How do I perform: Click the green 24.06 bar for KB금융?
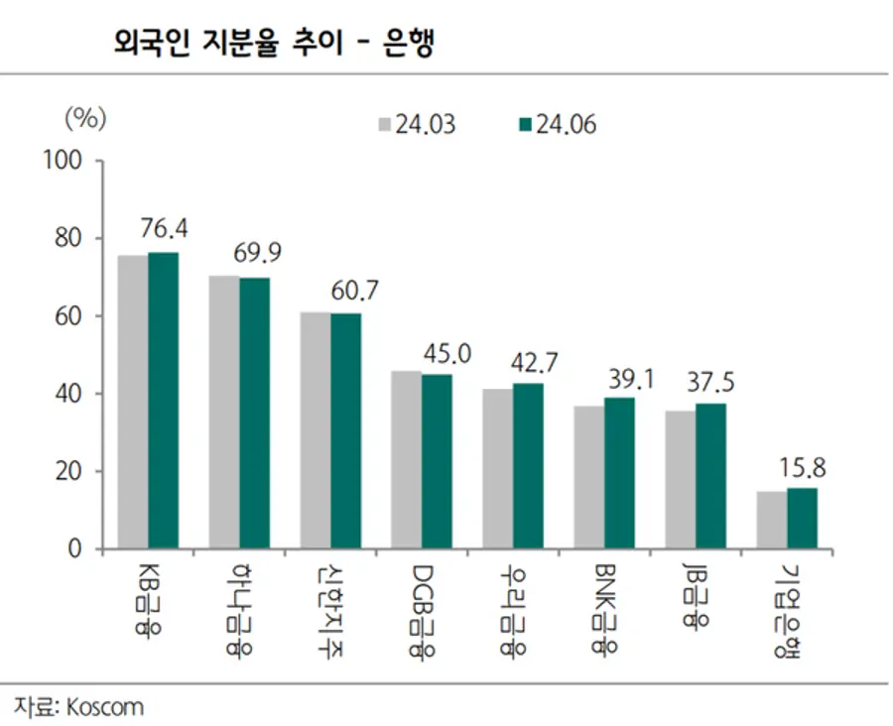(164, 401)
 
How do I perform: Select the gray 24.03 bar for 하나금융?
(224, 413)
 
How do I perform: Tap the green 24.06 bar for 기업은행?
(803, 518)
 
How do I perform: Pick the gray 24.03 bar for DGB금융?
(406, 460)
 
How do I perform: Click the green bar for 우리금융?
(528, 466)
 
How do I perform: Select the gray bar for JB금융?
(681, 480)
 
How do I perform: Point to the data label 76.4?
(165, 229)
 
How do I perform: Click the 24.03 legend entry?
(415, 125)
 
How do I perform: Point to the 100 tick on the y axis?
(69, 161)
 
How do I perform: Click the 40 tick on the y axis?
(75, 394)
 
